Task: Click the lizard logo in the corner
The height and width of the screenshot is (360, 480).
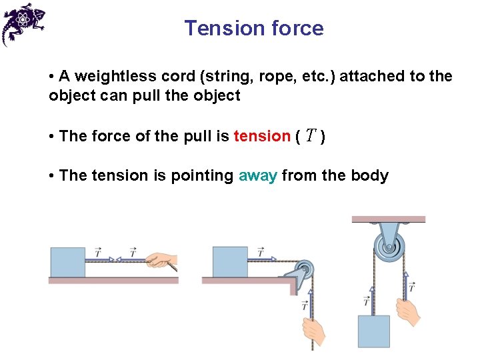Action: point(23,24)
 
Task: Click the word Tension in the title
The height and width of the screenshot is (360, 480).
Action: point(216,28)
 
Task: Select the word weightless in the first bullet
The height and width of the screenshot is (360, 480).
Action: point(109,76)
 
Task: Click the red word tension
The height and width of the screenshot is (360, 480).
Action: point(262,136)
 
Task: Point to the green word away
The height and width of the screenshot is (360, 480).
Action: point(257,176)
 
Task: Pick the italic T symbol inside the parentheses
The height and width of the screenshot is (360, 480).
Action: point(311,136)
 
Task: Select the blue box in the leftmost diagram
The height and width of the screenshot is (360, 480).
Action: point(67,262)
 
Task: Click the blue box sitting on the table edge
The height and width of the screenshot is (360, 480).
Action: point(230,262)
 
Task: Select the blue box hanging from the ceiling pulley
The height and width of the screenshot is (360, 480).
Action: point(373,331)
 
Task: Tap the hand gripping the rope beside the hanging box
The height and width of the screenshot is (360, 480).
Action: point(406,311)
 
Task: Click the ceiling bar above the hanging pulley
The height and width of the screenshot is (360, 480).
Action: point(388,219)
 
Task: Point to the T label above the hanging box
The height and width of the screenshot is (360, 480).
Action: point(367,302)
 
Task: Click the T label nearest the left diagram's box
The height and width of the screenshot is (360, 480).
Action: point(98,253)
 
